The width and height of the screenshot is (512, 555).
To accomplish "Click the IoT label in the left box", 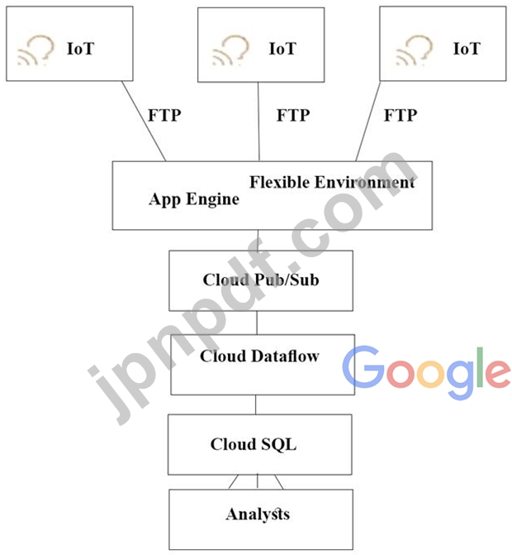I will [81, 49].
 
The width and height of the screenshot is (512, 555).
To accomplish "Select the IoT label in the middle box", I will [282, 49].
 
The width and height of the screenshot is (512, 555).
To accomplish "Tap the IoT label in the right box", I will [466, 49].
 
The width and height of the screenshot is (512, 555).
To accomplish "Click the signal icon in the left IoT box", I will [35, 50].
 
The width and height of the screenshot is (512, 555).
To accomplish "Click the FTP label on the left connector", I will [164, 115].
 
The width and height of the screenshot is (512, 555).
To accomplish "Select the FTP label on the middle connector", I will [293, 115].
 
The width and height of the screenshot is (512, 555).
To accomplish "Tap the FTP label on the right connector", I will [401, 115].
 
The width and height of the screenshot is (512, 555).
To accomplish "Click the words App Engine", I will [194, 199].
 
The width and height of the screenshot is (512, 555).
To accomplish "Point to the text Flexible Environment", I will [332, 182].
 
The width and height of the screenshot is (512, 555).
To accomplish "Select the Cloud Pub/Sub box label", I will [261, 280].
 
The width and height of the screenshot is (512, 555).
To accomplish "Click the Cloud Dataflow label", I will [259, 356].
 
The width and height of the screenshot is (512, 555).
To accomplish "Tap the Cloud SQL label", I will [253, 444].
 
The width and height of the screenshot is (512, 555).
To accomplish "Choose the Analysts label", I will [258, 514].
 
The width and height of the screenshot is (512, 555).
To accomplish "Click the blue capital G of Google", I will [363, 368].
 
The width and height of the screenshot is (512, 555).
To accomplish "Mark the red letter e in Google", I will [495, 374].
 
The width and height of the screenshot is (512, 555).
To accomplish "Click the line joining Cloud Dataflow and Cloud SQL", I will [255, 404].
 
